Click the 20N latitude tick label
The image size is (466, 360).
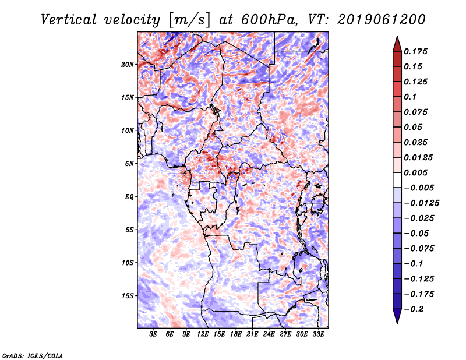tap(128, 64)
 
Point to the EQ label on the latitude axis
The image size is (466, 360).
tap(129, 196)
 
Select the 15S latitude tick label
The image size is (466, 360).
tap(128, 295)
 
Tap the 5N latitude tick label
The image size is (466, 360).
tap(130, 163)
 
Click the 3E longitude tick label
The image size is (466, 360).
tap(154, 335)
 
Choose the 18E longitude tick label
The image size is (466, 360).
tap(236, 335)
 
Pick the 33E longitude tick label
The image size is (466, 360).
tap(318, 335)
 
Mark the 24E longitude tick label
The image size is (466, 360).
tap(269, 335)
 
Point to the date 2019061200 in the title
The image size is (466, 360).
tap(373, 19)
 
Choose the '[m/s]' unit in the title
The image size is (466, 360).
tap(188, 19)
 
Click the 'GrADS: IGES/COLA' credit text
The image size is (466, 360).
tap(32, 355)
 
